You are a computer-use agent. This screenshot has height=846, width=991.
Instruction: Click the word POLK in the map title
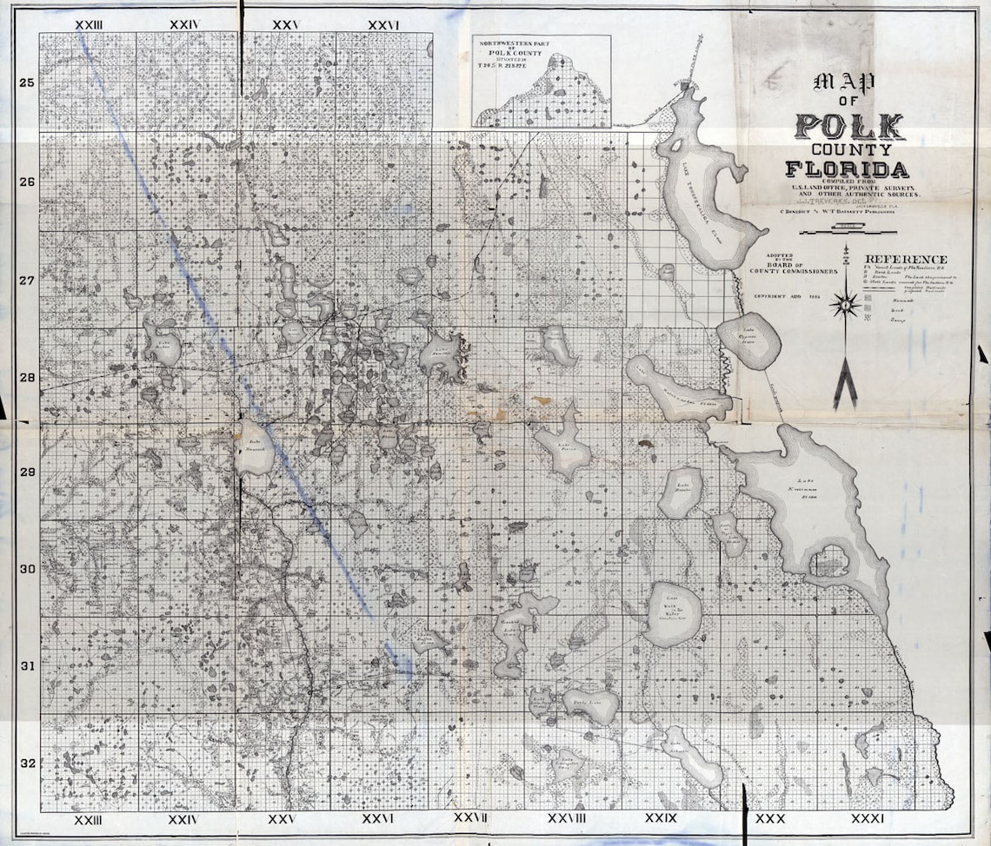847,128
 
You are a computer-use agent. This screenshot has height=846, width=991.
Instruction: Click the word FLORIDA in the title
847,169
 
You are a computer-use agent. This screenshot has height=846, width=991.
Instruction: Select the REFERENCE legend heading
905,260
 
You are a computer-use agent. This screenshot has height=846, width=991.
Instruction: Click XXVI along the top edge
382,24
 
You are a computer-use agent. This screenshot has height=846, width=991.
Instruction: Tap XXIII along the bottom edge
89,819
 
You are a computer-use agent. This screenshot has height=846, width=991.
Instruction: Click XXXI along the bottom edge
867,819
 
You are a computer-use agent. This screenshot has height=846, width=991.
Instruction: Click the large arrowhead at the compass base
843,387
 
